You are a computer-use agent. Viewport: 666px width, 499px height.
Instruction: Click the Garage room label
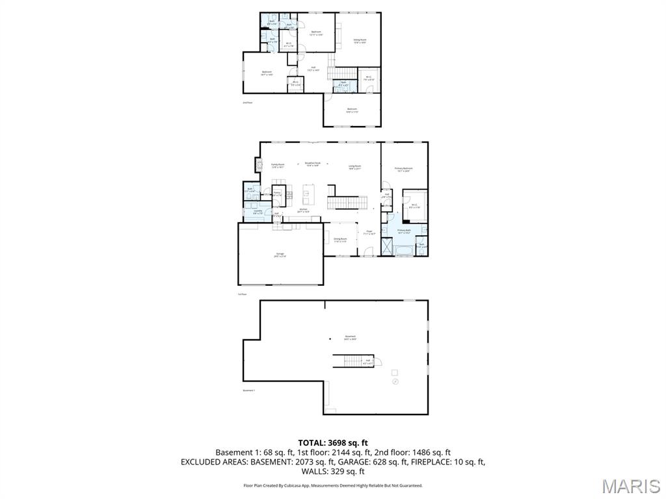(x=280, y=255)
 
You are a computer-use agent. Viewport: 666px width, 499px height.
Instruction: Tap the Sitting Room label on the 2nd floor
(x=360, y=40)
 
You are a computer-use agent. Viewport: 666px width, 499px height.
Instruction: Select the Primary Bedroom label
(x=404, y=169)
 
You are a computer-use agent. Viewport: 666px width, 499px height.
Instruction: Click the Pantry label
(x=276, y=194)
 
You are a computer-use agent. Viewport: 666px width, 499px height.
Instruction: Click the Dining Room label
(x=340, y=240)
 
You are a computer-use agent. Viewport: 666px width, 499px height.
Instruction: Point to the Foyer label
(x=369, y=232)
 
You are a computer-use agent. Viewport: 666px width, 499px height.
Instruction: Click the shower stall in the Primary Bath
(x=386, y=248)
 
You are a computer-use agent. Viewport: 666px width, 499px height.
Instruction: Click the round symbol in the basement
(x=394, y=383)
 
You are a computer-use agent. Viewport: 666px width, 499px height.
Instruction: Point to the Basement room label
(x=350, y=337)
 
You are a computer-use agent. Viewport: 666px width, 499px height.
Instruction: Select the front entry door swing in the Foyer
(x=368, y=251)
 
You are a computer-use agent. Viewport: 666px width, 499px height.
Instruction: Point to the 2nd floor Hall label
(x=313, y=68)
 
